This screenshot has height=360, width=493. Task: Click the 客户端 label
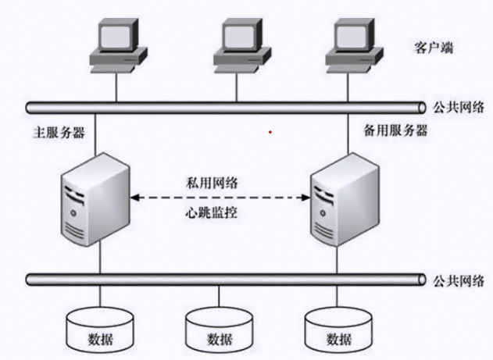click(432, 48)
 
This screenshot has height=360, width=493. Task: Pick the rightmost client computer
click(354, 45)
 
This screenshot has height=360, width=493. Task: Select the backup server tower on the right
click(345, 201)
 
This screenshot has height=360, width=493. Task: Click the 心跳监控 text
click(213, 212)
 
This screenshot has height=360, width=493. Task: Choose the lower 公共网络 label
click(462, 279)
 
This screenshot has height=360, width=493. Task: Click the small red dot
click(270, 131)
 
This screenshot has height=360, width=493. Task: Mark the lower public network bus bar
click(227, 278)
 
